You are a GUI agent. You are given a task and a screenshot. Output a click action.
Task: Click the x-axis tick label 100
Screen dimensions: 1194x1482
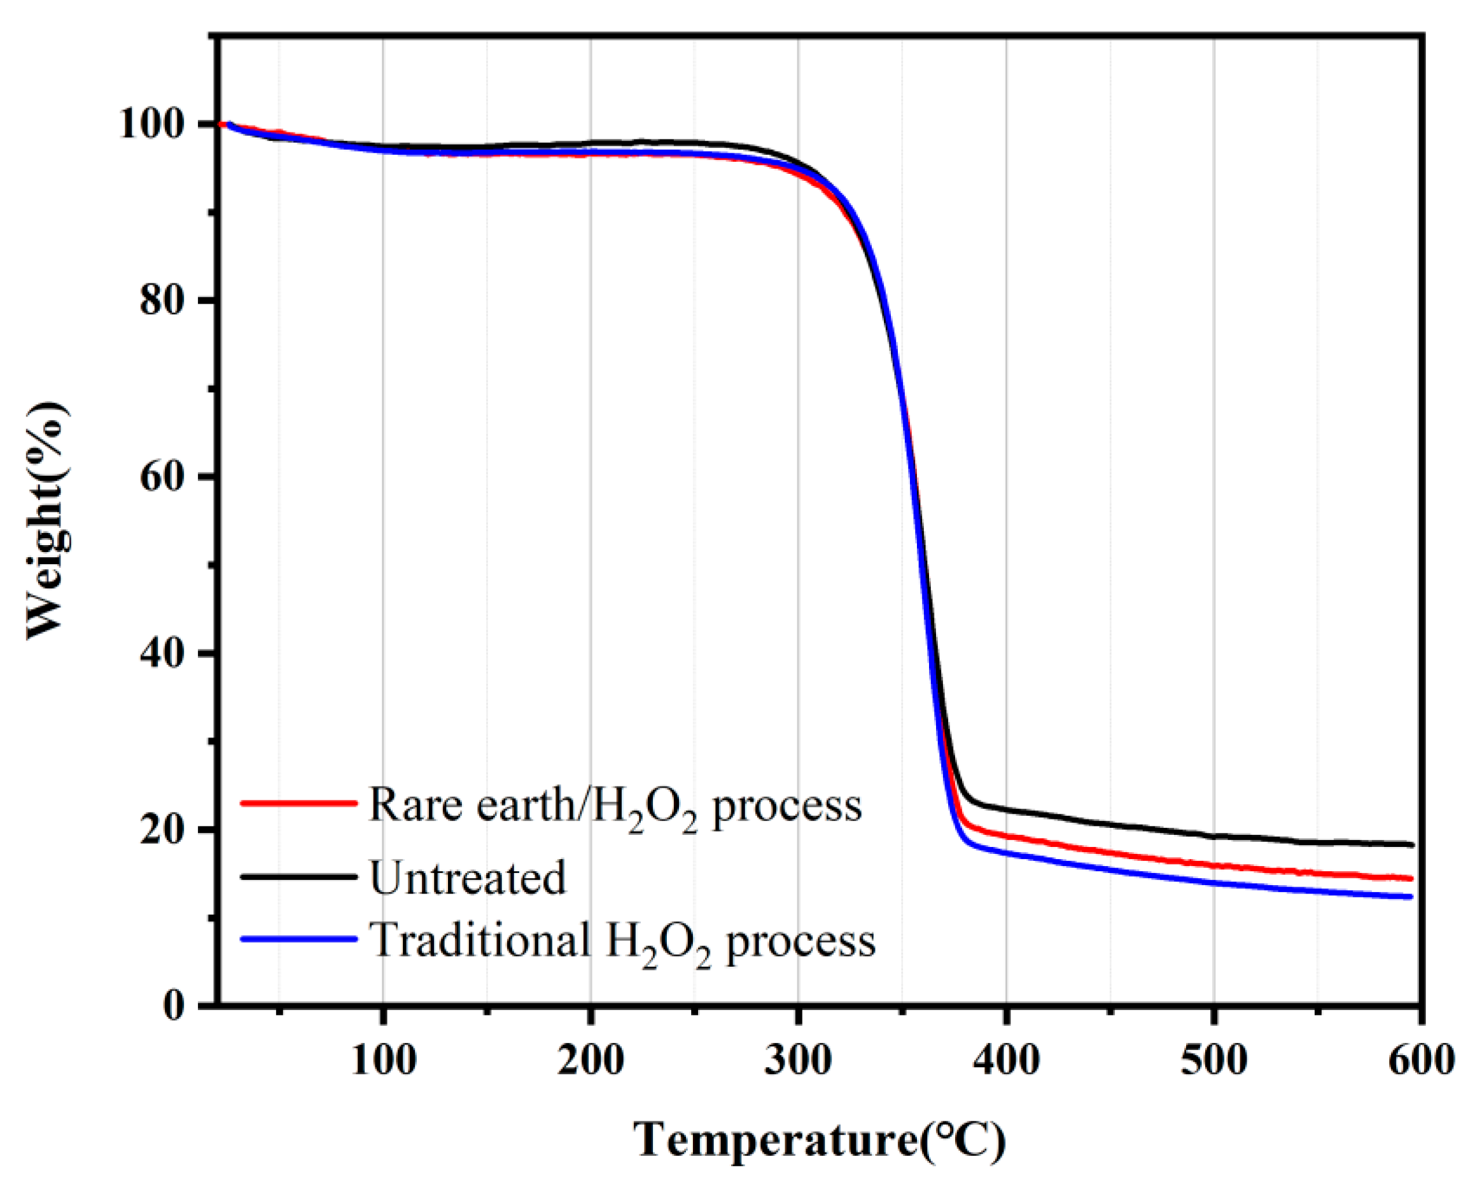[383, 1060]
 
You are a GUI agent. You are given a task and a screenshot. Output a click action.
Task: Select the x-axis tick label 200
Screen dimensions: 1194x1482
[591, 1060]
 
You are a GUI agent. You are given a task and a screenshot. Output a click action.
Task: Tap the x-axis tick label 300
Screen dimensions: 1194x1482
[798, 1060]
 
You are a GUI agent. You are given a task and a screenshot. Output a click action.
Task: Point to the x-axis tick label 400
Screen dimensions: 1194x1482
[1005, 1060]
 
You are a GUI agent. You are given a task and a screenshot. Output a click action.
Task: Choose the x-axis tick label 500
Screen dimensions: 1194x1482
[1213, 1060]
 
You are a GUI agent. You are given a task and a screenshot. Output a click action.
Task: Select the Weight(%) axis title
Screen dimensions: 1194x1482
[48, 521]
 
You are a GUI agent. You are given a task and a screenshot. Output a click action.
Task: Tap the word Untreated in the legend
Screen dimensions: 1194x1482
[468, 878]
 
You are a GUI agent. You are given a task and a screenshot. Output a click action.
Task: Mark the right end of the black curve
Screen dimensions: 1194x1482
[1411, 844]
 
